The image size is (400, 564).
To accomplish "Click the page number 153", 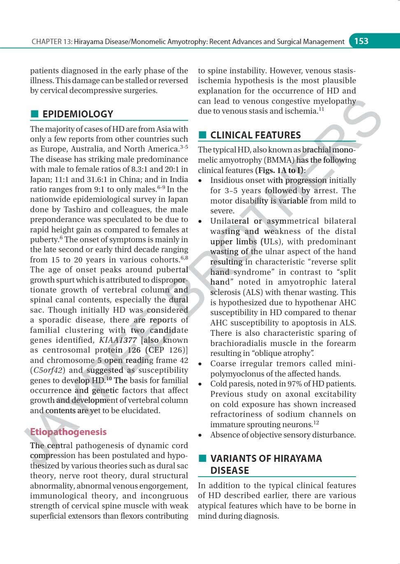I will [x=361, y=41].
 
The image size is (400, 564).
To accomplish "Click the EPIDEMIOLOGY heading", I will [x=77, y=114].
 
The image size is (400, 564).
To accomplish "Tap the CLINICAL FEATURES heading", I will [x=255, y=135].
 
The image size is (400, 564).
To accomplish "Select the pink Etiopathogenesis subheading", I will [x=68, y=432].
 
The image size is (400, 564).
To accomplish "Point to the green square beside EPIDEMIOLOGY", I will [x=35, y=114].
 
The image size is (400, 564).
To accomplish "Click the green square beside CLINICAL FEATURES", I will [x=202, y=135].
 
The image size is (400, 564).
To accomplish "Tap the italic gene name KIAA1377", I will [x=118, y=340].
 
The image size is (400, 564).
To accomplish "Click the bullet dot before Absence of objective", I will [x=200, y=435].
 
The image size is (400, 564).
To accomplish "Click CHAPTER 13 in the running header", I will [x=51, y=42].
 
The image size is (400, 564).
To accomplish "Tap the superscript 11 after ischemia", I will [x=321, y=109].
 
